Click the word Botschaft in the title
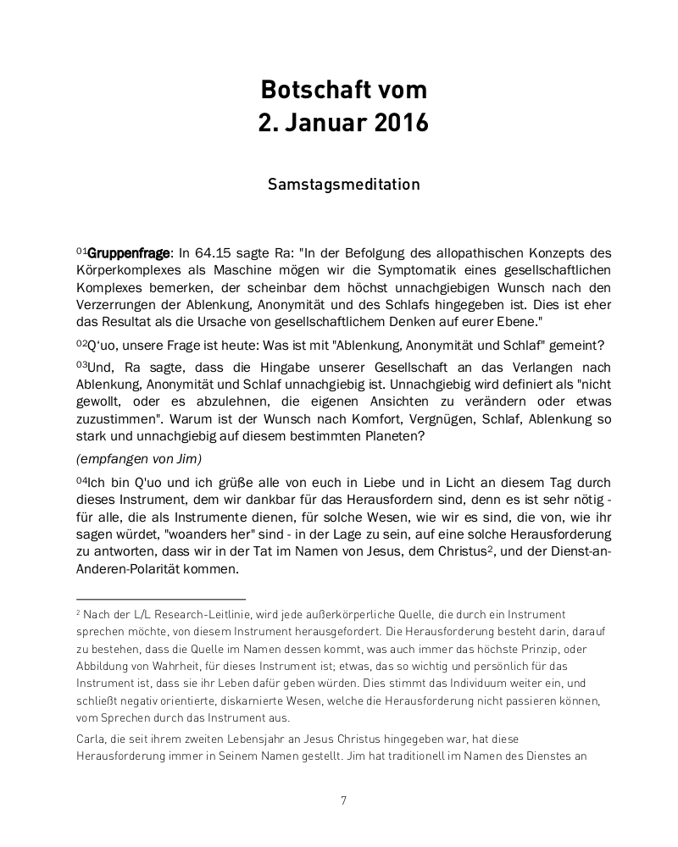pos(308,90)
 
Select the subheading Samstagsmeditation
pos(343,184)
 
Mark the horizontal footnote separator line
pos(160,598)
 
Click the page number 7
pos(343,800)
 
